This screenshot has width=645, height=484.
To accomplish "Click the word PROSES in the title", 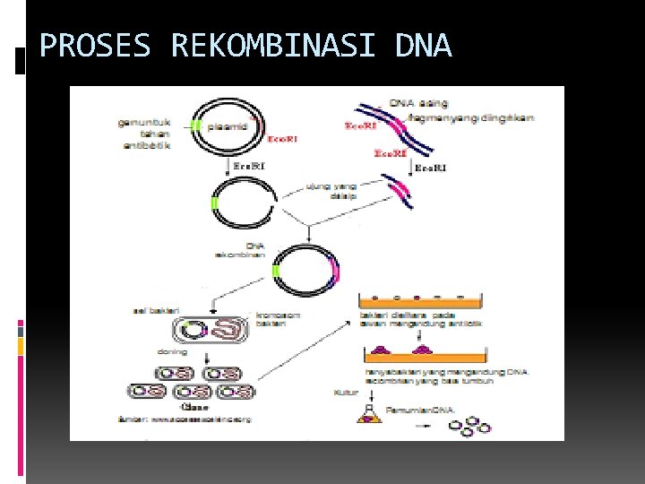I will tap(95, 46).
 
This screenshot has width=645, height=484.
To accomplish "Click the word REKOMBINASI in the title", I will tap(273, 46).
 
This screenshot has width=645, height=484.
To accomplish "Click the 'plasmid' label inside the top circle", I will tap(228, 126).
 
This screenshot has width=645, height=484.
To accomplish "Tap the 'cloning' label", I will tap(172, 352).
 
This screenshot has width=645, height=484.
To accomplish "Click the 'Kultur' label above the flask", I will tap(346, 392).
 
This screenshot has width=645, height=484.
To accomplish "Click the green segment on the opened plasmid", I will tap(214, 204).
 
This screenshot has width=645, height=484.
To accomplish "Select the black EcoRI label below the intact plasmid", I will tap(248, 166).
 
